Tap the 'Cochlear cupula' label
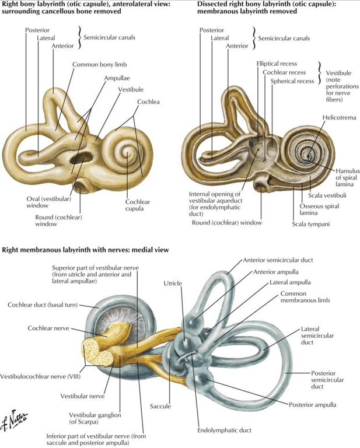coord(137,205)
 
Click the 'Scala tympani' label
coord(309,222)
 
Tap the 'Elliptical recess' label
coord(277,64)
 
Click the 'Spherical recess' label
coord(292,81)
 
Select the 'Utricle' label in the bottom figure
coord(173,283)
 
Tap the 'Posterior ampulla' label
coord(313,404)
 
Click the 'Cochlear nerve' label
coord(48,328)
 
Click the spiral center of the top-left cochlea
coord(126,154)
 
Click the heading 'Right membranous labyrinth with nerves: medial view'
coord(86,250)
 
